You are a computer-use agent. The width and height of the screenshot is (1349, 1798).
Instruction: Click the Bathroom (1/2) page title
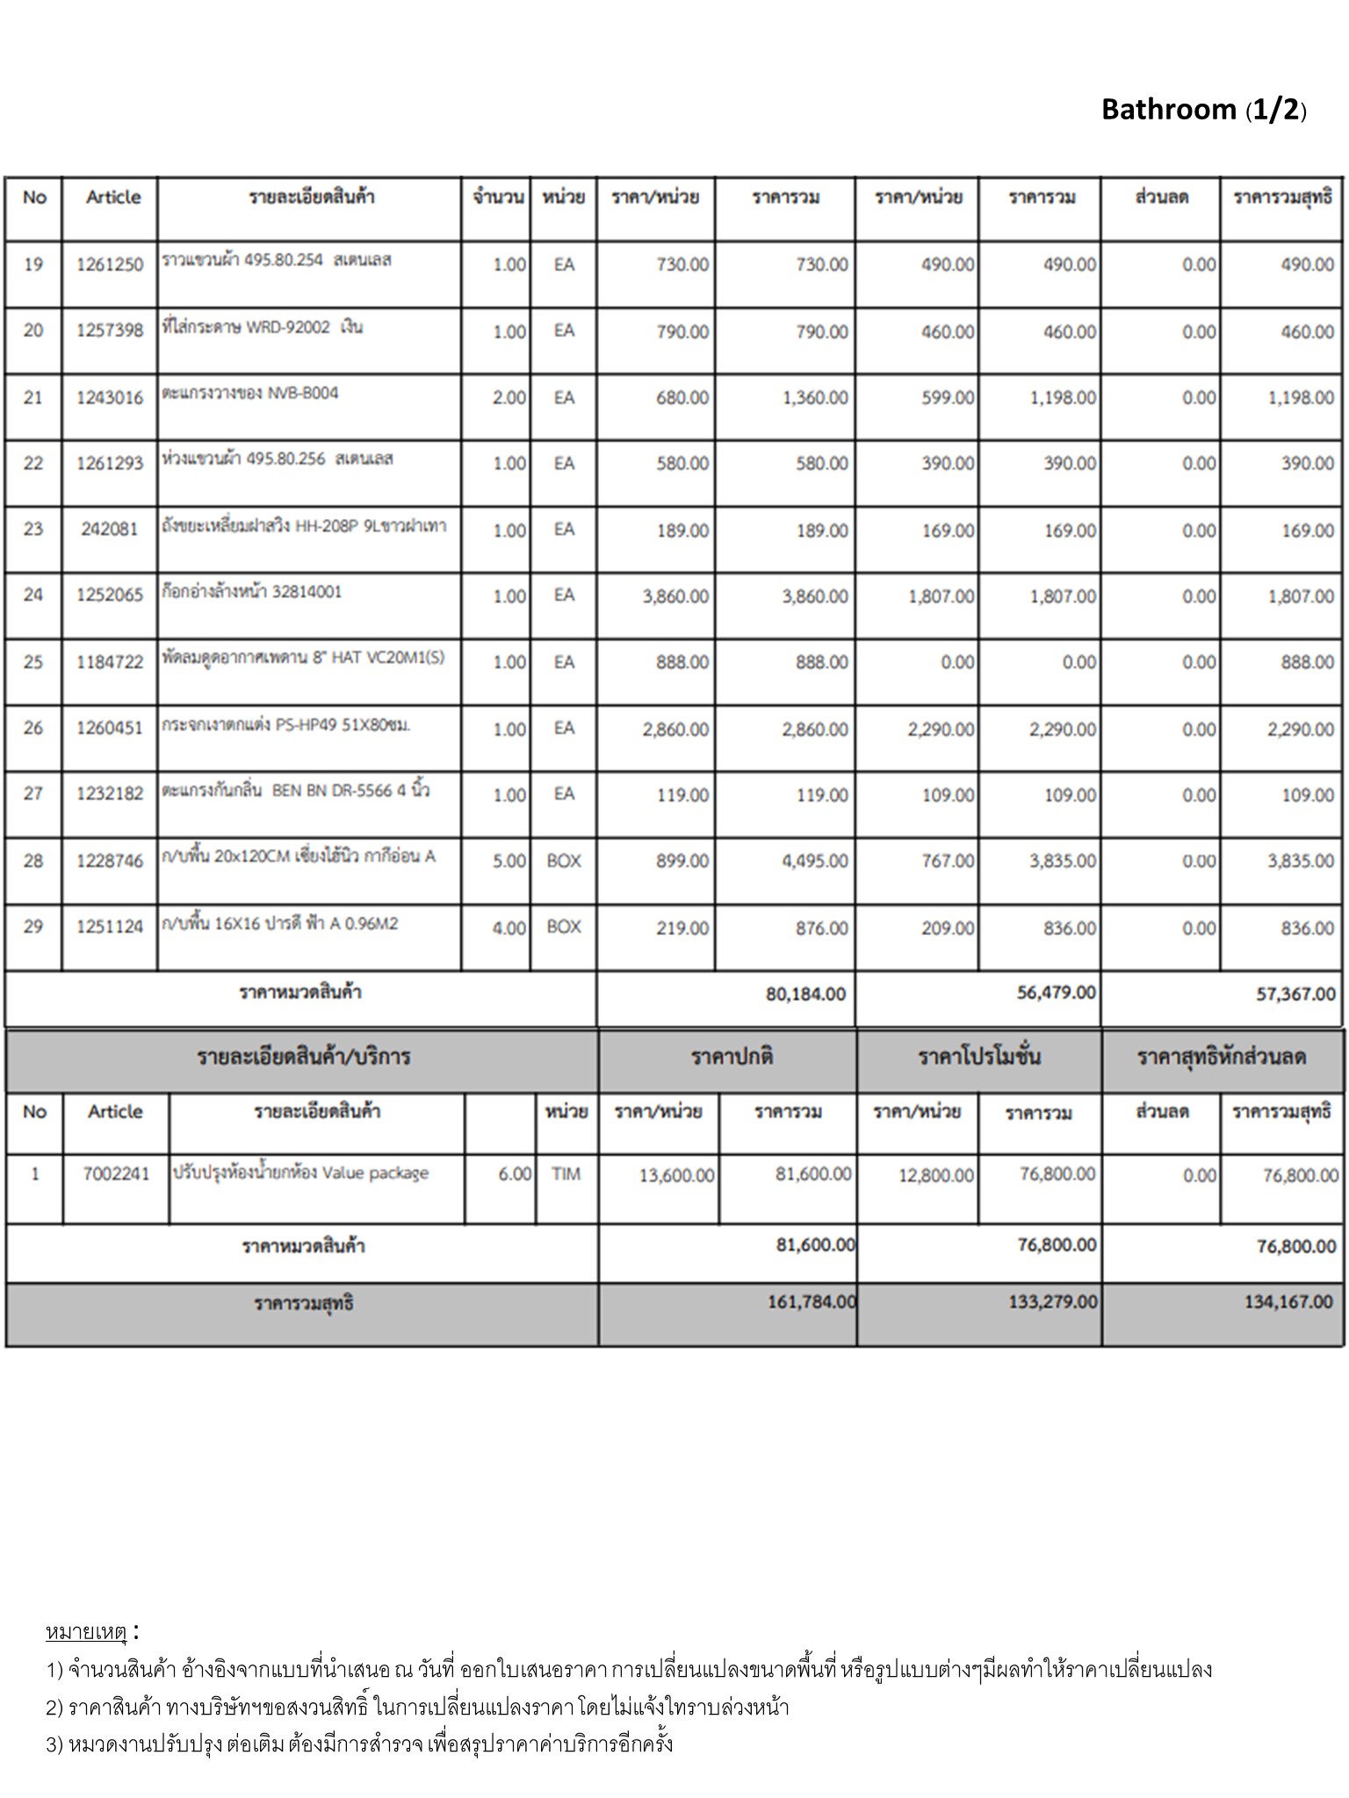[x=1203, y=110]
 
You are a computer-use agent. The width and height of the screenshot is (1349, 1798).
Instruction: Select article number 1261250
[x=110, y=265]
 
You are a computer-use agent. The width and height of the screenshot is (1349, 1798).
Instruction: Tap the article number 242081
[x=110, y=530]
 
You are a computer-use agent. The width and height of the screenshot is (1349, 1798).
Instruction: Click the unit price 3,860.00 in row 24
[x=675, y=597]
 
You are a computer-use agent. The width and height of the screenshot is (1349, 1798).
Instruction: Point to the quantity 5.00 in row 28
[x=509, y=861]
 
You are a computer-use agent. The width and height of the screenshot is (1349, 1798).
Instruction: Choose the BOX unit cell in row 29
[x=564, y=927]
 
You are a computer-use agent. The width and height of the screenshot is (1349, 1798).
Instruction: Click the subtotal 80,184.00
[x=805, y=994]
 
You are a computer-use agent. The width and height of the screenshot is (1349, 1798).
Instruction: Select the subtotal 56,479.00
[x=1057, y=993]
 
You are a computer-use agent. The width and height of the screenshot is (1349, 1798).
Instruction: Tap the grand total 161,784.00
[x=811, y=1302]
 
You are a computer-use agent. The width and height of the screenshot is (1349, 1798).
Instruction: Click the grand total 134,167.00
[x=1288, y=1302]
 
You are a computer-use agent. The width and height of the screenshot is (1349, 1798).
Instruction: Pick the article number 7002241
[x=116, y=1174]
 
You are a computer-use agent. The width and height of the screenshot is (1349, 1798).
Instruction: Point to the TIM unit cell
[x=566, y=1174]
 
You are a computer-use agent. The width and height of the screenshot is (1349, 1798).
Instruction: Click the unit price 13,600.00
[x=676, y=1176]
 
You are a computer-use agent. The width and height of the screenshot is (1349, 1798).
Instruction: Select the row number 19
[x=33, y=265]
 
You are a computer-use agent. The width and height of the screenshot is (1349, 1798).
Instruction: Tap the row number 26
[x=33, y=729]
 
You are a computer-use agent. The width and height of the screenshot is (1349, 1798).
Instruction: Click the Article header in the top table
[x=113, y=198]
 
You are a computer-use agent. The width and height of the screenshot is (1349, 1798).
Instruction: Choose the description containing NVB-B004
[x=250, y=393]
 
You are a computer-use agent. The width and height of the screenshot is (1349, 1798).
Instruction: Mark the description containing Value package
[x=300, y=1173]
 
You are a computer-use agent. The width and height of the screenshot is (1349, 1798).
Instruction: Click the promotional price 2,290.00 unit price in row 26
[x=941, y=730]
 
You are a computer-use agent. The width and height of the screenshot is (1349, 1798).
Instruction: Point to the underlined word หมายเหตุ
[x=86, y=1633]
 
